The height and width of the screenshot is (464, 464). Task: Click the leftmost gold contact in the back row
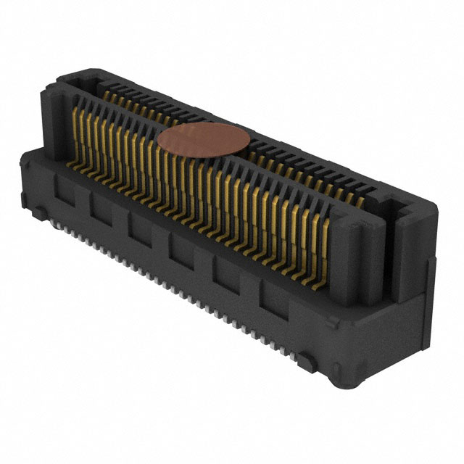coord(107,94)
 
